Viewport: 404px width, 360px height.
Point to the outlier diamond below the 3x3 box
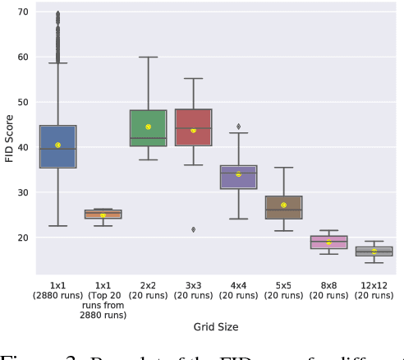coord(193,229)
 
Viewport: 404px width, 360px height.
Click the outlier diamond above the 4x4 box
coord(238,126)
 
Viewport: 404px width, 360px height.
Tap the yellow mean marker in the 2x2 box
coord(148,127)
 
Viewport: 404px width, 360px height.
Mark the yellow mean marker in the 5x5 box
coord(283,205)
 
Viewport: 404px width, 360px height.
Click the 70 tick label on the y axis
coord(21,12)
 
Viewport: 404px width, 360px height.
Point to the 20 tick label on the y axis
coord(21,238)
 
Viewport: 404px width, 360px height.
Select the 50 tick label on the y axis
coord(21,103)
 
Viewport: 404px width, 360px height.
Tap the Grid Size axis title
coord(215,327)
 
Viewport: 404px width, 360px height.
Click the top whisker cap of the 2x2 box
coord(148,58)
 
